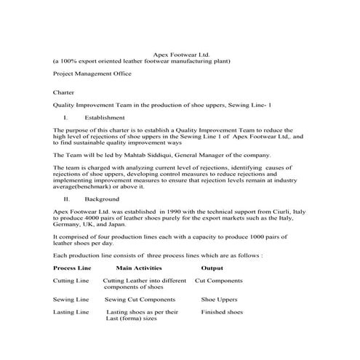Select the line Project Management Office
pyautogui.click(x=92, y=73)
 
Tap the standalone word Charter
pyautogui.click(x=64, y=92)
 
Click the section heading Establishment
pyautogui.click(x=105, y=117)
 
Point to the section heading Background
pyautogui.click(x=102, y=198)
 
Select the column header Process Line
pyautogui.click(x=71, y=268)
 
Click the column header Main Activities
pyautogui.click(x=137, y=268)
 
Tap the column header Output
pyautogui.click(x=212, y=268)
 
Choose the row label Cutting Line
pyautogui.click(x=71, y=280)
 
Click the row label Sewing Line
pyautogui.click(x=71, y=299)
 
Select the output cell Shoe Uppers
pyautogui.click(x=219, y=299)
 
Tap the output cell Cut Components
pyautogui.click(x=219, y=280)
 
